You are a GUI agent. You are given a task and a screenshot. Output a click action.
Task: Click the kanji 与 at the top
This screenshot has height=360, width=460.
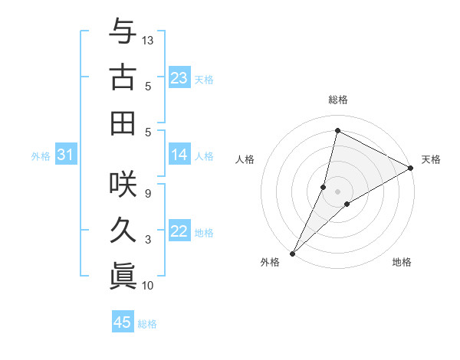pos(123,31)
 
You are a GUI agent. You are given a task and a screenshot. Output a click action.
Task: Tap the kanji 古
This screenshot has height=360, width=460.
pos(123,77)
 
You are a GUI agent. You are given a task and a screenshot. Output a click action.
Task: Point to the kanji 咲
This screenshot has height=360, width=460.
pos(123,184)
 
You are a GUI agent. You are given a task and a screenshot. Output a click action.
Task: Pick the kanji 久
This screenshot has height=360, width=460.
pos(123,230)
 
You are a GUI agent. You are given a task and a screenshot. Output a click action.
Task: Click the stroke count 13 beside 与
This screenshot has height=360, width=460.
pos(148,40)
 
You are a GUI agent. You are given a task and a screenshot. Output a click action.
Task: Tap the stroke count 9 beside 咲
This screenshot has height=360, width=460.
pos(148,193)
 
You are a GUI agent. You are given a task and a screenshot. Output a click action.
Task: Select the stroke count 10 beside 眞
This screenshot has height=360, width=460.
pos(148,286)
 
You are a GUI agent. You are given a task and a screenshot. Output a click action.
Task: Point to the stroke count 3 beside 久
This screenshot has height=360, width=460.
pos(148,240)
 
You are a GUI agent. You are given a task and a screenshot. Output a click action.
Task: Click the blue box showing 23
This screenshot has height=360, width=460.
pos(179,78)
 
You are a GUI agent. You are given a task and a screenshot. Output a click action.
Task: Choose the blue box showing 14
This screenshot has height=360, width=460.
pos(179,155)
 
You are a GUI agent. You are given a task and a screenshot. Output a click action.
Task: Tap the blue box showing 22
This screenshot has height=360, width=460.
pos(179,232)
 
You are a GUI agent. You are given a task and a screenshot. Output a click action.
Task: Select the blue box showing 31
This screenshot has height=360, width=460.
pos(65,155)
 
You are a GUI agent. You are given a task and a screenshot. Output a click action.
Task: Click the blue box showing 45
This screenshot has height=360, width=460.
pos(123,322)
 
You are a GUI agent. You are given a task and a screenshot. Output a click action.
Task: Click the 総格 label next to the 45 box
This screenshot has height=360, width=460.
pos(147,324)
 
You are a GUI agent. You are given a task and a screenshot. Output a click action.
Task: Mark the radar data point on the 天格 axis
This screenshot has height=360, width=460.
pos(411,169)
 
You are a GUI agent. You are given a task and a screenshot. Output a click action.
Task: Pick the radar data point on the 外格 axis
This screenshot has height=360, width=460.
pos(292,253)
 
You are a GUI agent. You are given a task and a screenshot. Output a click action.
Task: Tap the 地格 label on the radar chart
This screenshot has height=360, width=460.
pos(402,263)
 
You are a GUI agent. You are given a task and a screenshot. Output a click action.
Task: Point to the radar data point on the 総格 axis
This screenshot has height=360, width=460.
pos(337,129)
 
